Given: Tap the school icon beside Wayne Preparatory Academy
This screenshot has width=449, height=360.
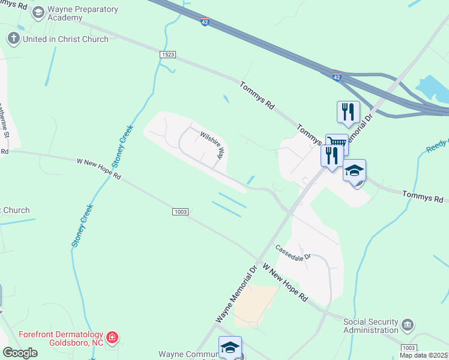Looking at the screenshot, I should tap(38, 11).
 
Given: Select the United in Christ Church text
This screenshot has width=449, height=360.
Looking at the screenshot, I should tap(65, 39).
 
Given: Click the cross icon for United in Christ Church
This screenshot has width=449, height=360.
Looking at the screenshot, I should tap(14, 39).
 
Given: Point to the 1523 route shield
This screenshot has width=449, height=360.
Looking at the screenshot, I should tap(168, 54).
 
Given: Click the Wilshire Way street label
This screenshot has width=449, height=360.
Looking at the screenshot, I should tap(212, 145).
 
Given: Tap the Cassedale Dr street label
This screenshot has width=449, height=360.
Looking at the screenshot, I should tap(293, 252).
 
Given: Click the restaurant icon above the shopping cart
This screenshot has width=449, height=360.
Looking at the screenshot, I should tap(348, 111).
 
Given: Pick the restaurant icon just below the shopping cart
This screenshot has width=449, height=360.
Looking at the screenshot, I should tap(331, 155).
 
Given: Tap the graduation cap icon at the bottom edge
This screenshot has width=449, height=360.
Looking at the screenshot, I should tap(230, 347).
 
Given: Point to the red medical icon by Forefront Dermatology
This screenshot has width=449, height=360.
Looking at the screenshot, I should tap(112, 338).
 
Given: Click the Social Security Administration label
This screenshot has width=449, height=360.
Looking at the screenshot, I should tap(370, 326).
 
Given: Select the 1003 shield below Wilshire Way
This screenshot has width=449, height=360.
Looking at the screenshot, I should tap(181, 212).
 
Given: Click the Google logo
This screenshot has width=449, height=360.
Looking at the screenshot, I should tap(20, 353).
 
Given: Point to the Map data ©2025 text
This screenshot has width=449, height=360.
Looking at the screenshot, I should tap(423, 355).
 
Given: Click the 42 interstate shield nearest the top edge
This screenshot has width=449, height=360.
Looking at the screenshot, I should tap(205, 22).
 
